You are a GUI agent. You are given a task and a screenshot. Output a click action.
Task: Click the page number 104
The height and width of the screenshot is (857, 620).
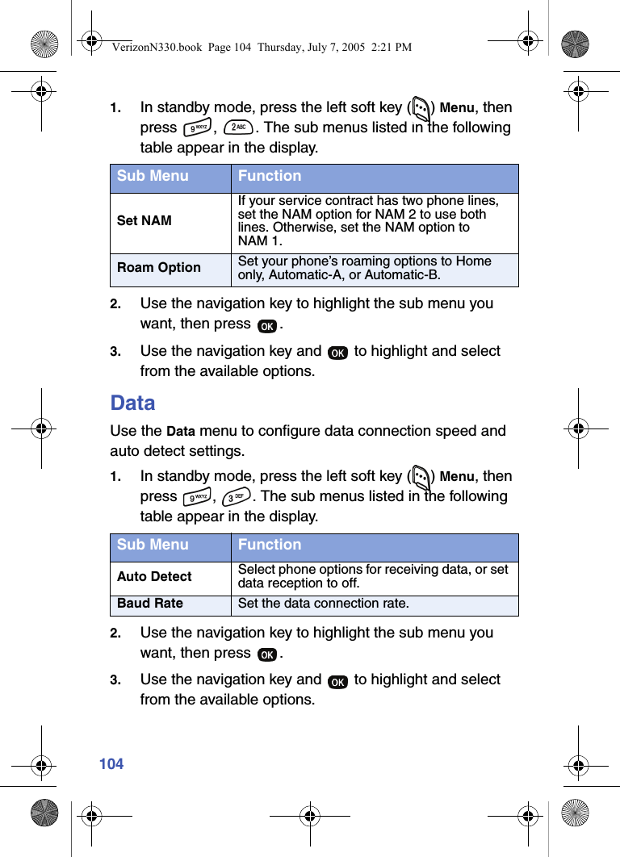111,763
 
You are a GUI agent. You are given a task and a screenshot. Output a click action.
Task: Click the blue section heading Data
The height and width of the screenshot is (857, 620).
132,403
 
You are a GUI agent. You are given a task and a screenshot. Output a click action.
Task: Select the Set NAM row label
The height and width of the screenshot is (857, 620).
145,220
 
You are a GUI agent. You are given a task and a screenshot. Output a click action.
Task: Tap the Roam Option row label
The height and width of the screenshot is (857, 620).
159,268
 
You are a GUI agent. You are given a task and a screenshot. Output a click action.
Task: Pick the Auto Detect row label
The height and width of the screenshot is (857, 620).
154,576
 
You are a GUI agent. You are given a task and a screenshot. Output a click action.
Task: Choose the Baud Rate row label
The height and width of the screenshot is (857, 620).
150,604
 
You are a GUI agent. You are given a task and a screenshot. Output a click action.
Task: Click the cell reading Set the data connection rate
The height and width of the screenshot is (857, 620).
323,604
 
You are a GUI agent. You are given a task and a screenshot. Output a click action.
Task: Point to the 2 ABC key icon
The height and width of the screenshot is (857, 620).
237,128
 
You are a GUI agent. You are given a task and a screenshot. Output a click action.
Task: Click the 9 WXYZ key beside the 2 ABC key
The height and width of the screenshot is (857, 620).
197,128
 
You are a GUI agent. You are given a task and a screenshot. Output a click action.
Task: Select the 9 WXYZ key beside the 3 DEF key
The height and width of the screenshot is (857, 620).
197,497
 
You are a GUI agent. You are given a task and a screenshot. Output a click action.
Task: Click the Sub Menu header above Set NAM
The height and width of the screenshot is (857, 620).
153,176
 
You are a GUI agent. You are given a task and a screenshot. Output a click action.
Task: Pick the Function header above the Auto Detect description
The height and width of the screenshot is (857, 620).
270,545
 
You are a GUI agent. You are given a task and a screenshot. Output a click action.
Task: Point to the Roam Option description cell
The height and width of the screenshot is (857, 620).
365,268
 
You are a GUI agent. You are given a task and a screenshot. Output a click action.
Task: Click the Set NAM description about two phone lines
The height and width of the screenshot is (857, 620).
368,220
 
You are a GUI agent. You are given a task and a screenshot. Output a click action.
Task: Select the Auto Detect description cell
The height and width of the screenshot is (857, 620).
373,576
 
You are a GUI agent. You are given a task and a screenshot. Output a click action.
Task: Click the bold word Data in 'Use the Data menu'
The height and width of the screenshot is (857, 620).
180,432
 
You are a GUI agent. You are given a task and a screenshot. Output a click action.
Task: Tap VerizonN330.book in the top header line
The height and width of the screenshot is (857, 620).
157,47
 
